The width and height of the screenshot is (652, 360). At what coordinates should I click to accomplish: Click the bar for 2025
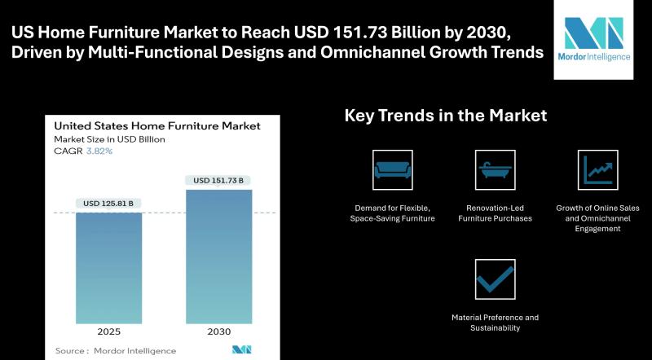coord(108,268)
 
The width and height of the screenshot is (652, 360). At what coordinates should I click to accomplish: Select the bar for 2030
coord(218,257)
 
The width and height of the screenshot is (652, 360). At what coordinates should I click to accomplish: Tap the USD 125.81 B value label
coord(108,204)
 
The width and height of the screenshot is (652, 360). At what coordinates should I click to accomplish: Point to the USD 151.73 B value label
coord(218,181)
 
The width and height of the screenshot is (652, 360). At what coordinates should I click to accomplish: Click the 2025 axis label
coord(109,331)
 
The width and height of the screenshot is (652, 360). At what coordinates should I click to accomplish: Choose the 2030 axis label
coord(218,331)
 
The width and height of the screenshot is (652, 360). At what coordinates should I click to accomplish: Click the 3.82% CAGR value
coord(99,151)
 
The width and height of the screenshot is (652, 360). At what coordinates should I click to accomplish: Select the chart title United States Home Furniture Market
coord(157,125)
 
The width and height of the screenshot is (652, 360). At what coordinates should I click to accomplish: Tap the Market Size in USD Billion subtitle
coord(109,139)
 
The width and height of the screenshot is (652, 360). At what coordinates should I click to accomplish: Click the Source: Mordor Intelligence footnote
coord(116,351)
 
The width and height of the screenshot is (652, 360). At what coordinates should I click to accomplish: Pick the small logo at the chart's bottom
coord(241,349)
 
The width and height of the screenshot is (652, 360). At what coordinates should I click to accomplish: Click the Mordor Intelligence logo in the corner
coord(594,39)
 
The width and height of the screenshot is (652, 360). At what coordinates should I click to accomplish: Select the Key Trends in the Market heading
coord(446,115)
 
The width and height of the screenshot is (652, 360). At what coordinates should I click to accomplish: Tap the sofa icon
coord(393,170)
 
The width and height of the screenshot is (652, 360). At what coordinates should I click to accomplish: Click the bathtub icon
coord(496,170)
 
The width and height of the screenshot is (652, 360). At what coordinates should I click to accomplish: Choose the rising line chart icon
coord(598,170)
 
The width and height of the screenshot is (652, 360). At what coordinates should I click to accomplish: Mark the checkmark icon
coord(496,279)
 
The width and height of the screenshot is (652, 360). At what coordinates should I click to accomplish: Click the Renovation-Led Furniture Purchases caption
coord(496,213)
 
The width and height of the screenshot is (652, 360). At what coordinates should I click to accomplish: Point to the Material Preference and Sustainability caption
coord(496,323)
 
